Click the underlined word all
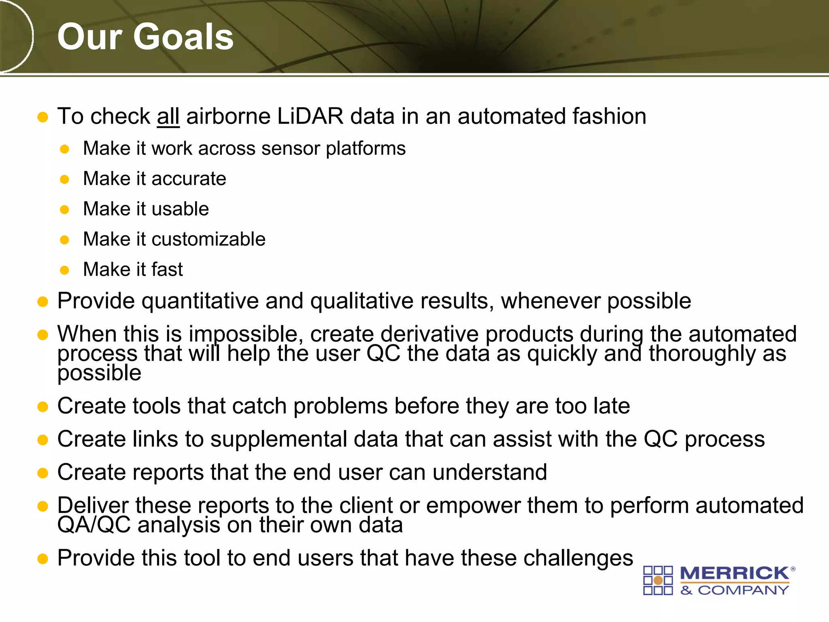[x=168, y=117]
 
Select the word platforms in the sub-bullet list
[x=366, y=149]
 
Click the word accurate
[x=189, y=179]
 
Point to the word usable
[x=180, y=209]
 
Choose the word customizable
[x=208, y=239]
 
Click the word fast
[x=167, y=270]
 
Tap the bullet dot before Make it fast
[x=64, y=270]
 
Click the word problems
[x=340, y=406]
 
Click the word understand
[x=490, y=473]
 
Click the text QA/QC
[x=94, y=525]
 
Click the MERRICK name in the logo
[x=734, y=573]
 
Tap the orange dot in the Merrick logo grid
[x=658, y=581]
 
